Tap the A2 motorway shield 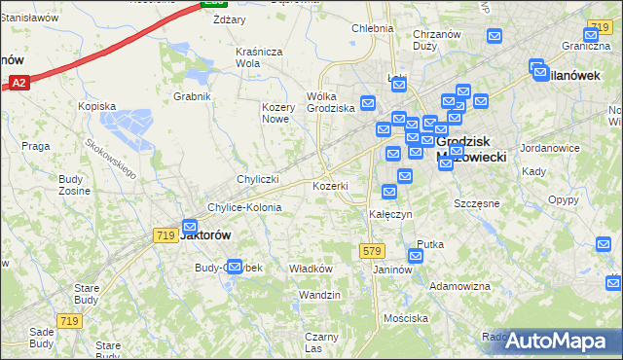pyautogui.click(x=18, y=84)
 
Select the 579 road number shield pyautogui.click(x=370, y=250)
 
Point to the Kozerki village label pyautogui.click(x=330, y=185)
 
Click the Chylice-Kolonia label pyautogui.click(x=244, y=207)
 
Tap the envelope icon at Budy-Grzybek pyautogui.click(x=234, y=267)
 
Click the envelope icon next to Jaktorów pyautogui.click(x=189, y=227)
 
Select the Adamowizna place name pyautogui.click(x=460, y=286)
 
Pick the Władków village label pyautogui.click(x=312, y=269)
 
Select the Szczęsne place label pyautogui.click(x=477, y=203)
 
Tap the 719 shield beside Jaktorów pyautogui.click(x=165, y=235)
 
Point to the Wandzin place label pyautogui.click(x=320, y=295)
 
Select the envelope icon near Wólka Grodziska pyautogui.click(x=368, y=102)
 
